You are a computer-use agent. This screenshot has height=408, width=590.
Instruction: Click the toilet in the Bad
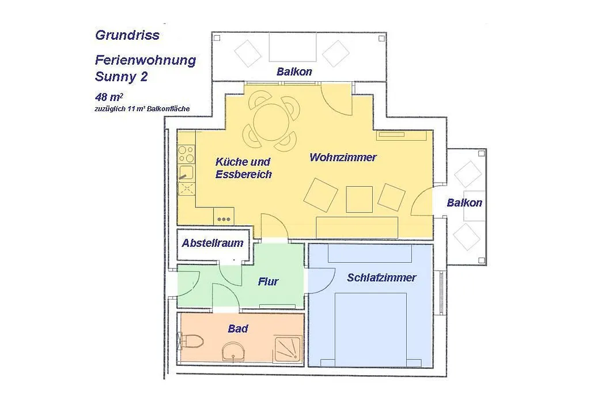coord(192,342)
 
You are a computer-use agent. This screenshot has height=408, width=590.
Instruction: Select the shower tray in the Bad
coord(288,350)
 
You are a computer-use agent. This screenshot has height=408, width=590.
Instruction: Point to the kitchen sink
coord(186,173)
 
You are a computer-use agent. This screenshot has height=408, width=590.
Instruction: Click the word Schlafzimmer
coord(381,278)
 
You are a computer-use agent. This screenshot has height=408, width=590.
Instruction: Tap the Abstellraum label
coord(213,243)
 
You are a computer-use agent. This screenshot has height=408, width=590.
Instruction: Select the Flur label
coord(268,282)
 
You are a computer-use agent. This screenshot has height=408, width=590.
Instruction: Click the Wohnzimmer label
coord(342,157)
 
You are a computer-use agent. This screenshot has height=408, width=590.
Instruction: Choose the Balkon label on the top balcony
coord(294,71)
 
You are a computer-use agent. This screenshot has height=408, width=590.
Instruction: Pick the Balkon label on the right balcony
coord(464,203)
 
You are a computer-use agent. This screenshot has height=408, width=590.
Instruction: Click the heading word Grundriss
coord(127,35)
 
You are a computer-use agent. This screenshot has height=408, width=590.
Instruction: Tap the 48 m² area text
coord(109,97)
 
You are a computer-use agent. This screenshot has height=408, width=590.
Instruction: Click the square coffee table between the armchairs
coord(360,199)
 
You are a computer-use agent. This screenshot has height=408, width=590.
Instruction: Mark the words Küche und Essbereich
coord(244,168)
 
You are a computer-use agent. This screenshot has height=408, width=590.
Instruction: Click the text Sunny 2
coord(121,77)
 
